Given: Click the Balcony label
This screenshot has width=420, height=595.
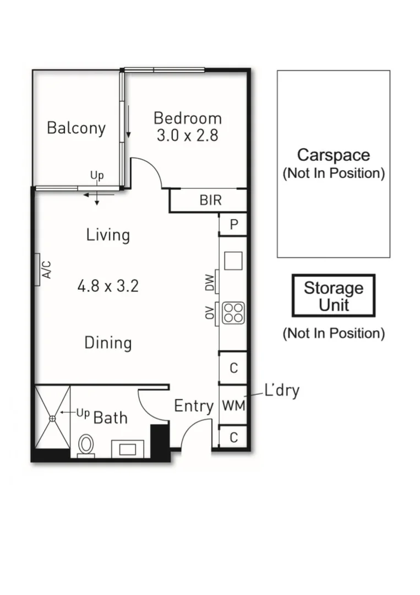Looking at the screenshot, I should pos(76,128).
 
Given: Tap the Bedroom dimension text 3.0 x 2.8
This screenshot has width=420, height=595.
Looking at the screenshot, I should pos(187,136).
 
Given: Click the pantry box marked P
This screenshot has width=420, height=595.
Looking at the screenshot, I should pos(233,225).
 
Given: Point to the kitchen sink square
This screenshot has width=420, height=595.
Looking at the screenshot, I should pos(233,261).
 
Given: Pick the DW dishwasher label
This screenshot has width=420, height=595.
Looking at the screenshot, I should pos(210,283).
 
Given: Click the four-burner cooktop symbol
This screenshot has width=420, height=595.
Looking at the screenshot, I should pos(233,313).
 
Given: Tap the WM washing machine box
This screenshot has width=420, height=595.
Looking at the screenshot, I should pos(233,405).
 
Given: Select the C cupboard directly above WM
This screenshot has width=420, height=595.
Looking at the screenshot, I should pos(233,368).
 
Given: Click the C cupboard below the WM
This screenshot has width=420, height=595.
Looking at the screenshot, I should pos(233,437).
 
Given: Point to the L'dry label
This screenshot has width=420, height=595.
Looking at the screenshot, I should pos(282,391).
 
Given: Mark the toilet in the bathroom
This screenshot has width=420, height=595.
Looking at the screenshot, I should pos(86,445).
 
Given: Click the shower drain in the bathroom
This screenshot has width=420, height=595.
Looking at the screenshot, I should pos(53,419).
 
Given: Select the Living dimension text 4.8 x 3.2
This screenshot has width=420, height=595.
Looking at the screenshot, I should pos(108,286).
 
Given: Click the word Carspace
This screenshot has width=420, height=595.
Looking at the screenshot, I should pos(333,155).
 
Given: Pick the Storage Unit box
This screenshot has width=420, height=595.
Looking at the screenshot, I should pos(334,296).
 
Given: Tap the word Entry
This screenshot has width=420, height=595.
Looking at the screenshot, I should pos(194,407).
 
